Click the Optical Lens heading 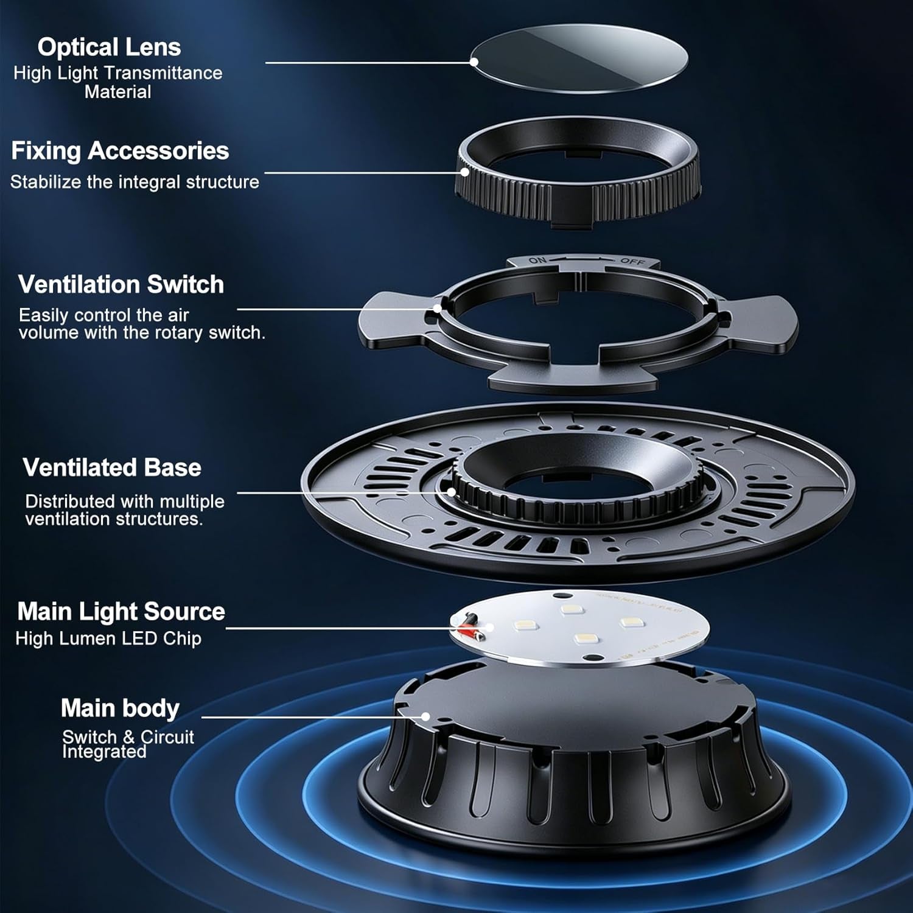pyautogui.click(x=109, y=47)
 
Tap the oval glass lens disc pyautogui.click(x=579, y=58)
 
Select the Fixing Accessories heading pyautogui.click(x=120, y=151)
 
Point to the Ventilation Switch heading pyautogui.click(x=121, y=284)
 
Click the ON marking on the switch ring pyautogui.click(x=537, y=261)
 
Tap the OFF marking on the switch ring pyautogui.click(x=632, y=261)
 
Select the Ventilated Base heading pyautogui.click(x=112, y=467)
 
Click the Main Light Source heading pyautogui.click(x=121, y=611)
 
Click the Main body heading pyautogui.click(x=120, y=708)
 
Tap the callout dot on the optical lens pyautogui.click(x=474, y=61)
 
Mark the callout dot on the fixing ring pyautogui.click(x=465, y=172)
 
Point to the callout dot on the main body pyautogui.click(x=425, y=716)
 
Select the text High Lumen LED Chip pyautogui.click(x=108, y=638)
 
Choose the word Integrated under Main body pyautogui.click(x=104, y=752)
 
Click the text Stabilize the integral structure pyautogui.click(x=135, y=182)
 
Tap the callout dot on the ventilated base pyautogui.click(x=451, y=492)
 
